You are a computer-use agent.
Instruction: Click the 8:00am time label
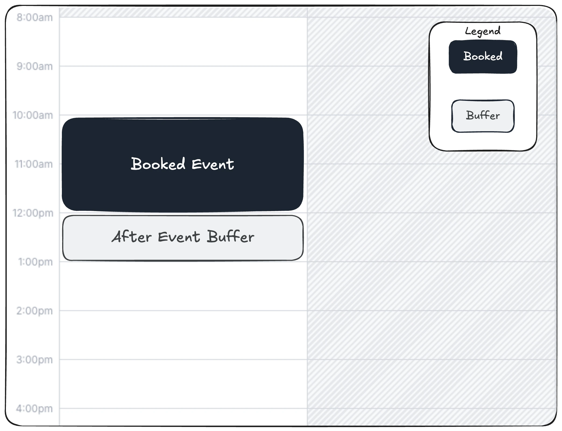click(x=35, y=17)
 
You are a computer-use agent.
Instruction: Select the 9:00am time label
click(x=35, y=66)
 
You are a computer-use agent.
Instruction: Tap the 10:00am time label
click(x=33, y=115)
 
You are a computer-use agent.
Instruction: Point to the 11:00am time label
click(x=34, y=164)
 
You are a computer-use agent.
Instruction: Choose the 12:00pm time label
click(x=33, y=213)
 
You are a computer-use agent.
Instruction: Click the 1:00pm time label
click(x=35, y=262)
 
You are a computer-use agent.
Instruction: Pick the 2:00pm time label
click(x=34, y=311)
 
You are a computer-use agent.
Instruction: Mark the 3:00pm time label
click(x=34, y=360)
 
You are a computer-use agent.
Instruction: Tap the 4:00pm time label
click(x=34, y=409)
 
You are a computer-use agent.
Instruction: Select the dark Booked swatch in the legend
click(x=483, y=57)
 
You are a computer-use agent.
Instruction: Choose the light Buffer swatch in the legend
click(x=483, y=116)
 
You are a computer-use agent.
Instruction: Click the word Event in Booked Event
click(x=213, y=164)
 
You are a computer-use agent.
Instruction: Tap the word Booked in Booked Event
click(x=158, y=163)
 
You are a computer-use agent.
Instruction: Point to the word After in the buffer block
click(x=132, y=237)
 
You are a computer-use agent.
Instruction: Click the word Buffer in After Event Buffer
click(x=230, y=236)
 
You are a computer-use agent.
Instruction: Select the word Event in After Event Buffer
click(x=179, y=237)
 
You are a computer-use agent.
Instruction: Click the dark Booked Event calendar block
click(x=183, y=164)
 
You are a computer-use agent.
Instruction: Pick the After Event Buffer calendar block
click(x=183, y=238)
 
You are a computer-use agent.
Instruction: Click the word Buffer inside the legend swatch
click(x=483, y=115)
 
